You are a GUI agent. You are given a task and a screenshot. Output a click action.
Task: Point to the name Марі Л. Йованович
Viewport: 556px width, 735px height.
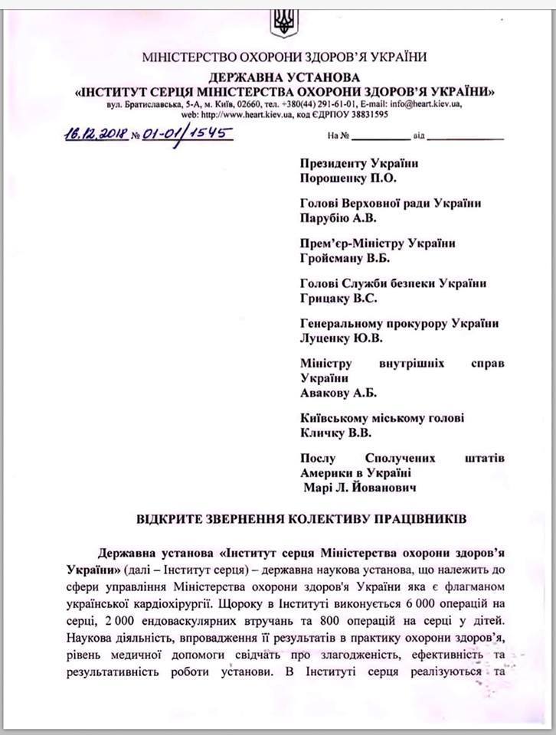[358, 486]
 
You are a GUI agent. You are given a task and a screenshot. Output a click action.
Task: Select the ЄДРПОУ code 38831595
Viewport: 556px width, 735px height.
[363, 114]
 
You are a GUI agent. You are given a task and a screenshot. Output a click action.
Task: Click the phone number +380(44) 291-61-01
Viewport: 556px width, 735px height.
[322, 103]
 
